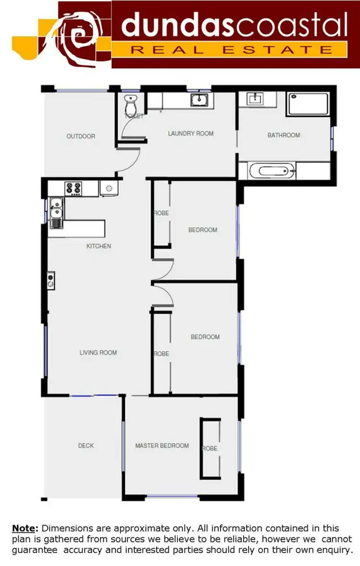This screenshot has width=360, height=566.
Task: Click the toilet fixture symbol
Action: coord(131,104)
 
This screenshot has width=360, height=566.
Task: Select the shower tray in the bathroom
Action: coord(308,104)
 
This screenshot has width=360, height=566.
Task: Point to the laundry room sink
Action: coord(198,100)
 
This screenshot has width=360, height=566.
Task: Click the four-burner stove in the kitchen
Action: coord(73,188)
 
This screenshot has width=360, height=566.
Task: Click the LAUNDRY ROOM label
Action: coord(191,133)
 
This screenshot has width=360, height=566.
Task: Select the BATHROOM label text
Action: coord(284,135)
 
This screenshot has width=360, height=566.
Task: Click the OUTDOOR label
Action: coord(81,136)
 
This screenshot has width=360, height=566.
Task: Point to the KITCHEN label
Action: coord(98,246)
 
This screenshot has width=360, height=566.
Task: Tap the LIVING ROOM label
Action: coord(98,353)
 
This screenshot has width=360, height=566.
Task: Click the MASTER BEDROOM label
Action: coord(162,446)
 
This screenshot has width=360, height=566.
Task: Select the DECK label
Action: coord(86,446)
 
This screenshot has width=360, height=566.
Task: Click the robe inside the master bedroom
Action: coord(210,448)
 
